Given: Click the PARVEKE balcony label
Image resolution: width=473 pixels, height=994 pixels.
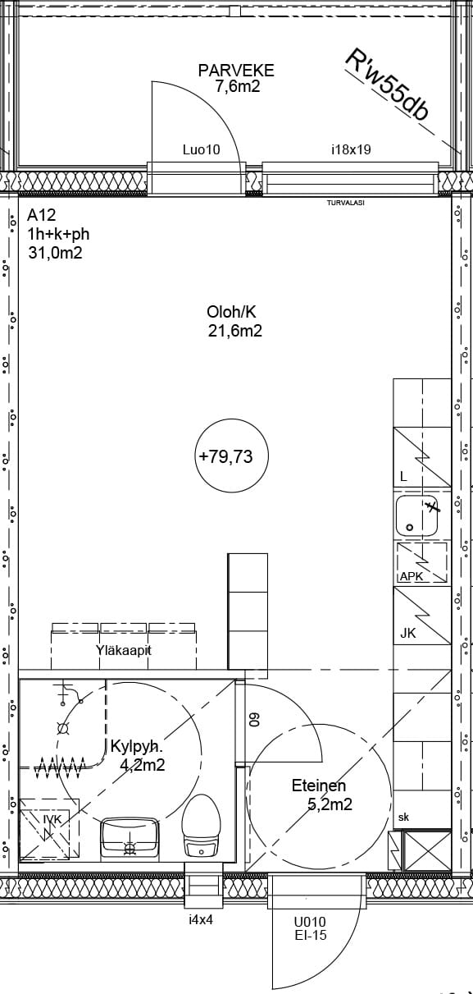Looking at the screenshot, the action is click(236, 71).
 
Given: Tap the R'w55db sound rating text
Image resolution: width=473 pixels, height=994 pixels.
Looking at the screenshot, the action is click(388, 85).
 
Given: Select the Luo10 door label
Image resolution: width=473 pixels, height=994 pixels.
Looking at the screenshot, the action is click(202, 149).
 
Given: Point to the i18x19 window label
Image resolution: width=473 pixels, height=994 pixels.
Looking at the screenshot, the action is click(351, 149).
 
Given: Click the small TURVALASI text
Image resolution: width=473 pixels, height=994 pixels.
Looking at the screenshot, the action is click(346, 203).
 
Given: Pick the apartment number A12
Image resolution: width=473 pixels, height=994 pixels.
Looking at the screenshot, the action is click(42, 215).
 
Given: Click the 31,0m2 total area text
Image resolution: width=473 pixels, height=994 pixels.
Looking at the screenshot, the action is click(56, 253).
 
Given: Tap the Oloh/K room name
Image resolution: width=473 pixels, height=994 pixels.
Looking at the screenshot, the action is click(231, 312).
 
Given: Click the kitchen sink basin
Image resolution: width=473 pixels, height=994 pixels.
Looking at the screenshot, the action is click(417, 516).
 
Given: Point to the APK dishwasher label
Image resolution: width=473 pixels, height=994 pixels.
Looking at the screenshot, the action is click(412, 576).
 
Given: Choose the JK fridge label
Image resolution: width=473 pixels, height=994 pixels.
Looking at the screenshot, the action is click(408, 633).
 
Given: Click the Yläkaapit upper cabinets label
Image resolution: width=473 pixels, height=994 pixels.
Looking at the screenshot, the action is click(124, 651).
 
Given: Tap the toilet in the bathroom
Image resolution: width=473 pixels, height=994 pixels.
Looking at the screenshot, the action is click(202, 826).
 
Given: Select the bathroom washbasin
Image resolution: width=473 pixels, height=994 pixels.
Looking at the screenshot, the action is click(129, 838).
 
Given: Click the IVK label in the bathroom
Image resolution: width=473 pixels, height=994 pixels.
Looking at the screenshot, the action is click(52, 819).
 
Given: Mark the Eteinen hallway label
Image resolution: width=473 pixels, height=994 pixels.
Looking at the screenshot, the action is click(319, 786).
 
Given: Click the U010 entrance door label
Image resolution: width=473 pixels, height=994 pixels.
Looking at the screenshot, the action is click(310, 922).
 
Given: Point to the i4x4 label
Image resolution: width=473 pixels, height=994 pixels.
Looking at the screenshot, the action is click(201, 920).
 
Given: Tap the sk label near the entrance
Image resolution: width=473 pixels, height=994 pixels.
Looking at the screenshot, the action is click(403, 817).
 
